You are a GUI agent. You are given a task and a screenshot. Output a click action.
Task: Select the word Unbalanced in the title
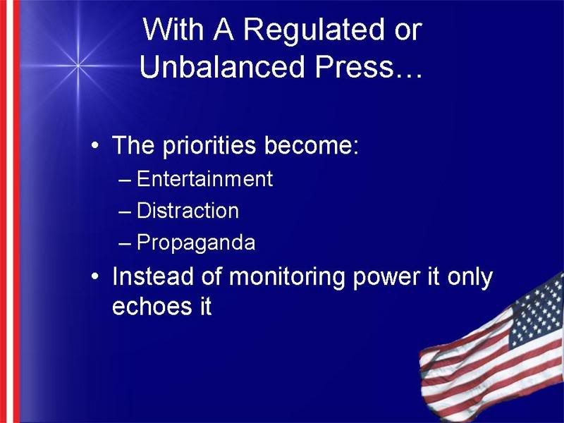(x=222, y=66)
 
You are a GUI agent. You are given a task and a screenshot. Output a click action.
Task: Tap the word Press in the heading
(x=355, y=66)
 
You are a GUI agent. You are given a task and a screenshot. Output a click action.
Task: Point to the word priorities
(x=209, y=146)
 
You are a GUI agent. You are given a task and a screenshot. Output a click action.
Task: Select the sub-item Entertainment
(x=204, y=178)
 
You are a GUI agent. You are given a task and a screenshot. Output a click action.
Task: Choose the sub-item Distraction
(x=188, y=210)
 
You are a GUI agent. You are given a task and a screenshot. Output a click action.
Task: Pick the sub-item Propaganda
(x=196, y=243)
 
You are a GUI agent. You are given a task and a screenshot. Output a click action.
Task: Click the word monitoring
(x=287, y=278)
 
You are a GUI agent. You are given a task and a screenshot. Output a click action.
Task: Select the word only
(x=470, y=278)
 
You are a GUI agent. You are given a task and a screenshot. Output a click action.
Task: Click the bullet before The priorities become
(x=94, y=146)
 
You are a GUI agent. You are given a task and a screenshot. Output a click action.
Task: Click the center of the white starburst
(x=78, y=66)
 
